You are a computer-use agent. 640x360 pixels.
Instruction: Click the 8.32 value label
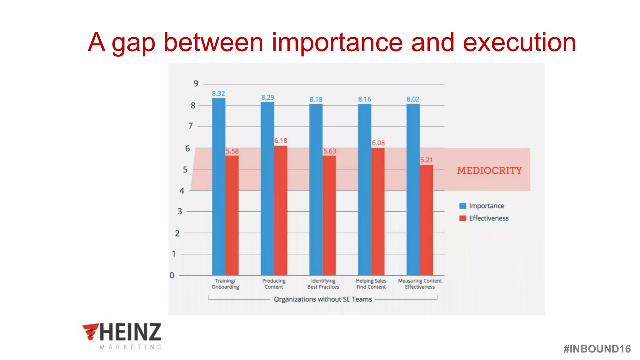(218, 93)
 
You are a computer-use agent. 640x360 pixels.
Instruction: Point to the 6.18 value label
(281, 141)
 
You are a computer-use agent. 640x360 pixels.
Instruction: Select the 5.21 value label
(426, 160)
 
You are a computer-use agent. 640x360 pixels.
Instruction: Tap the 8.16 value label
(364, 99)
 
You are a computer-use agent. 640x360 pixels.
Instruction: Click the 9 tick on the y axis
(196, 83)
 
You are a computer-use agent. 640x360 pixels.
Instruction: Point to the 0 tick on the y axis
(172, 275)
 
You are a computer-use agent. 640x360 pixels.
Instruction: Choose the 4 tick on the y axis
(182, 191)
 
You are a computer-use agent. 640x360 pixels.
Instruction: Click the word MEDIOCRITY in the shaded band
(489, 171)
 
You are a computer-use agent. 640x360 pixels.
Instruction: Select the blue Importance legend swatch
(462, 206)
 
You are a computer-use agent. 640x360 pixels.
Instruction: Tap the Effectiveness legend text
(489, 218)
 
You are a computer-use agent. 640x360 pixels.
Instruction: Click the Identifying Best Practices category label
(323, 284)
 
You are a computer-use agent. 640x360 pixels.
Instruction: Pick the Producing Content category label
(274, 284)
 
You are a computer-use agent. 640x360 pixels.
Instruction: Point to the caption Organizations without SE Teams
(323, 299)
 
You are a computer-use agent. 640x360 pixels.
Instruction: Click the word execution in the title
(519, 42)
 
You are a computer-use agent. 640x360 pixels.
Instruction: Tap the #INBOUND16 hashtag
(597, 349)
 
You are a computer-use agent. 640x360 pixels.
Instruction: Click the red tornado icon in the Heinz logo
(90, 331)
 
